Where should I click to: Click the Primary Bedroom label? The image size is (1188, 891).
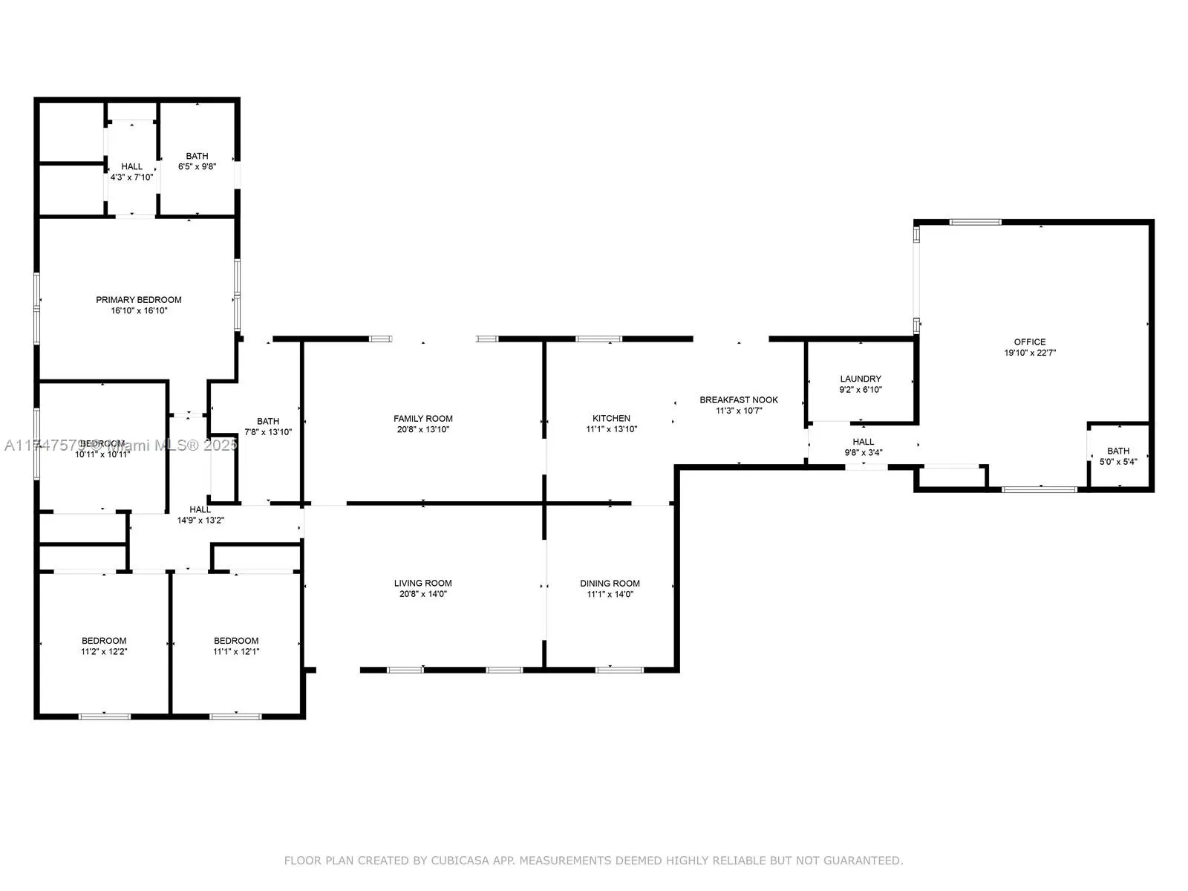point(139,300)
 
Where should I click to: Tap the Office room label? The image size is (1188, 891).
point(1030,342)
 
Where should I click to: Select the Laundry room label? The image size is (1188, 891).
point(861,379)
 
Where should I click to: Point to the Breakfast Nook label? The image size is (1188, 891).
point(739,400)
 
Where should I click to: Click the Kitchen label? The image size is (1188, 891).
point(611,418)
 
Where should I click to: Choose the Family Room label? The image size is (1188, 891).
point(423,419)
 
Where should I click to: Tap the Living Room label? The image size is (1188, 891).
point(423,584)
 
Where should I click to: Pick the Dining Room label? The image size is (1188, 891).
point(610,584)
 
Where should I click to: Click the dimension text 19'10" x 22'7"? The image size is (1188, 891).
point(1030,353)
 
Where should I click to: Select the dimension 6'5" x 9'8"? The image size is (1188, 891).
point(197,167)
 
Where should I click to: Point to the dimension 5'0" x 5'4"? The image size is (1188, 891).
point(1118,462)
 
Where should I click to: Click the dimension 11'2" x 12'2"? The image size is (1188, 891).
point(104,652)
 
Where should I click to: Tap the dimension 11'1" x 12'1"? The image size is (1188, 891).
point(236,652)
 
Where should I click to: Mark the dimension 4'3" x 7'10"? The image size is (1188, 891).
point(131,177)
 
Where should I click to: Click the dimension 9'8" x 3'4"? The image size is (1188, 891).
point(864,453)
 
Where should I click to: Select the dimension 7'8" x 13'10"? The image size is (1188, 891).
point(268,432)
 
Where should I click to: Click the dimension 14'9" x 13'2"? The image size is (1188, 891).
point(200,520)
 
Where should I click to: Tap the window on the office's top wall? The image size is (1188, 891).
point(976,222)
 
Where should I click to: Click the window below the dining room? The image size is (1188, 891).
point(619,670)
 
